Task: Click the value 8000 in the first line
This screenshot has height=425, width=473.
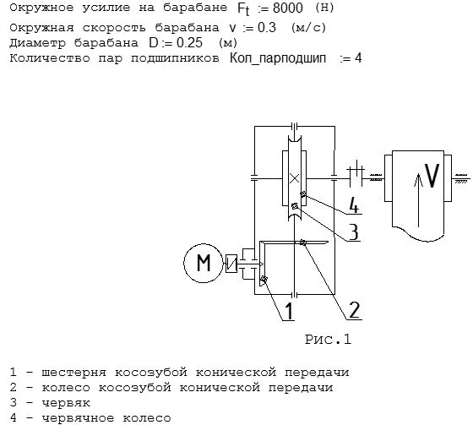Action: [x=287, y=8]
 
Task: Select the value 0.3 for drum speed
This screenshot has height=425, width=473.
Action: [x=267, y=28]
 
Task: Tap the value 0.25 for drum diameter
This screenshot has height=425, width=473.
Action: [x=189, y=42]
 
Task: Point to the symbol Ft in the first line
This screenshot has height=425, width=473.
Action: [x=244, y=9]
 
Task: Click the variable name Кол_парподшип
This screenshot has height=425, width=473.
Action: [x=278, y=58]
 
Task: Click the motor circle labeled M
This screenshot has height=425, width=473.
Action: [x=204, y=263]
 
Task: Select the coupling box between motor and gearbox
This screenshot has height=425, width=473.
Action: [x=231, y=264]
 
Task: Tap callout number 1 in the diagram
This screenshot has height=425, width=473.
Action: [x=289, y=311]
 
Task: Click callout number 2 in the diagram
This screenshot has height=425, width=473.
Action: [x=354, y=310]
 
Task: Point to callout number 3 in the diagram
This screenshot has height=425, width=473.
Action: [x=354, y=232]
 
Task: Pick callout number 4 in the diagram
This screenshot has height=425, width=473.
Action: [x=354, y=205]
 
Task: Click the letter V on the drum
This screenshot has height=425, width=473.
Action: [x=432, y=176]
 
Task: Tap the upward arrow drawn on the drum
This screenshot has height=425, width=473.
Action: [x=418, y=200]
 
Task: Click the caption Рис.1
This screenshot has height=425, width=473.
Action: [x=328, y=340]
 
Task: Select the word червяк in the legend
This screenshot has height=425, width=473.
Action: [x=66, y=403]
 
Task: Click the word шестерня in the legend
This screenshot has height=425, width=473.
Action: [x=74, y=373]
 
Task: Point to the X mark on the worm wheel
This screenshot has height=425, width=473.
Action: [x=294, y=178]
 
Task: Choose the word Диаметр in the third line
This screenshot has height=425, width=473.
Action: [x=37, y=43]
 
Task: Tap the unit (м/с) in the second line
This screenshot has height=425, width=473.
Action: [x=309, y=28]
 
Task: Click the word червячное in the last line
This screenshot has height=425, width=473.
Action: [x=78, y=418]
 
